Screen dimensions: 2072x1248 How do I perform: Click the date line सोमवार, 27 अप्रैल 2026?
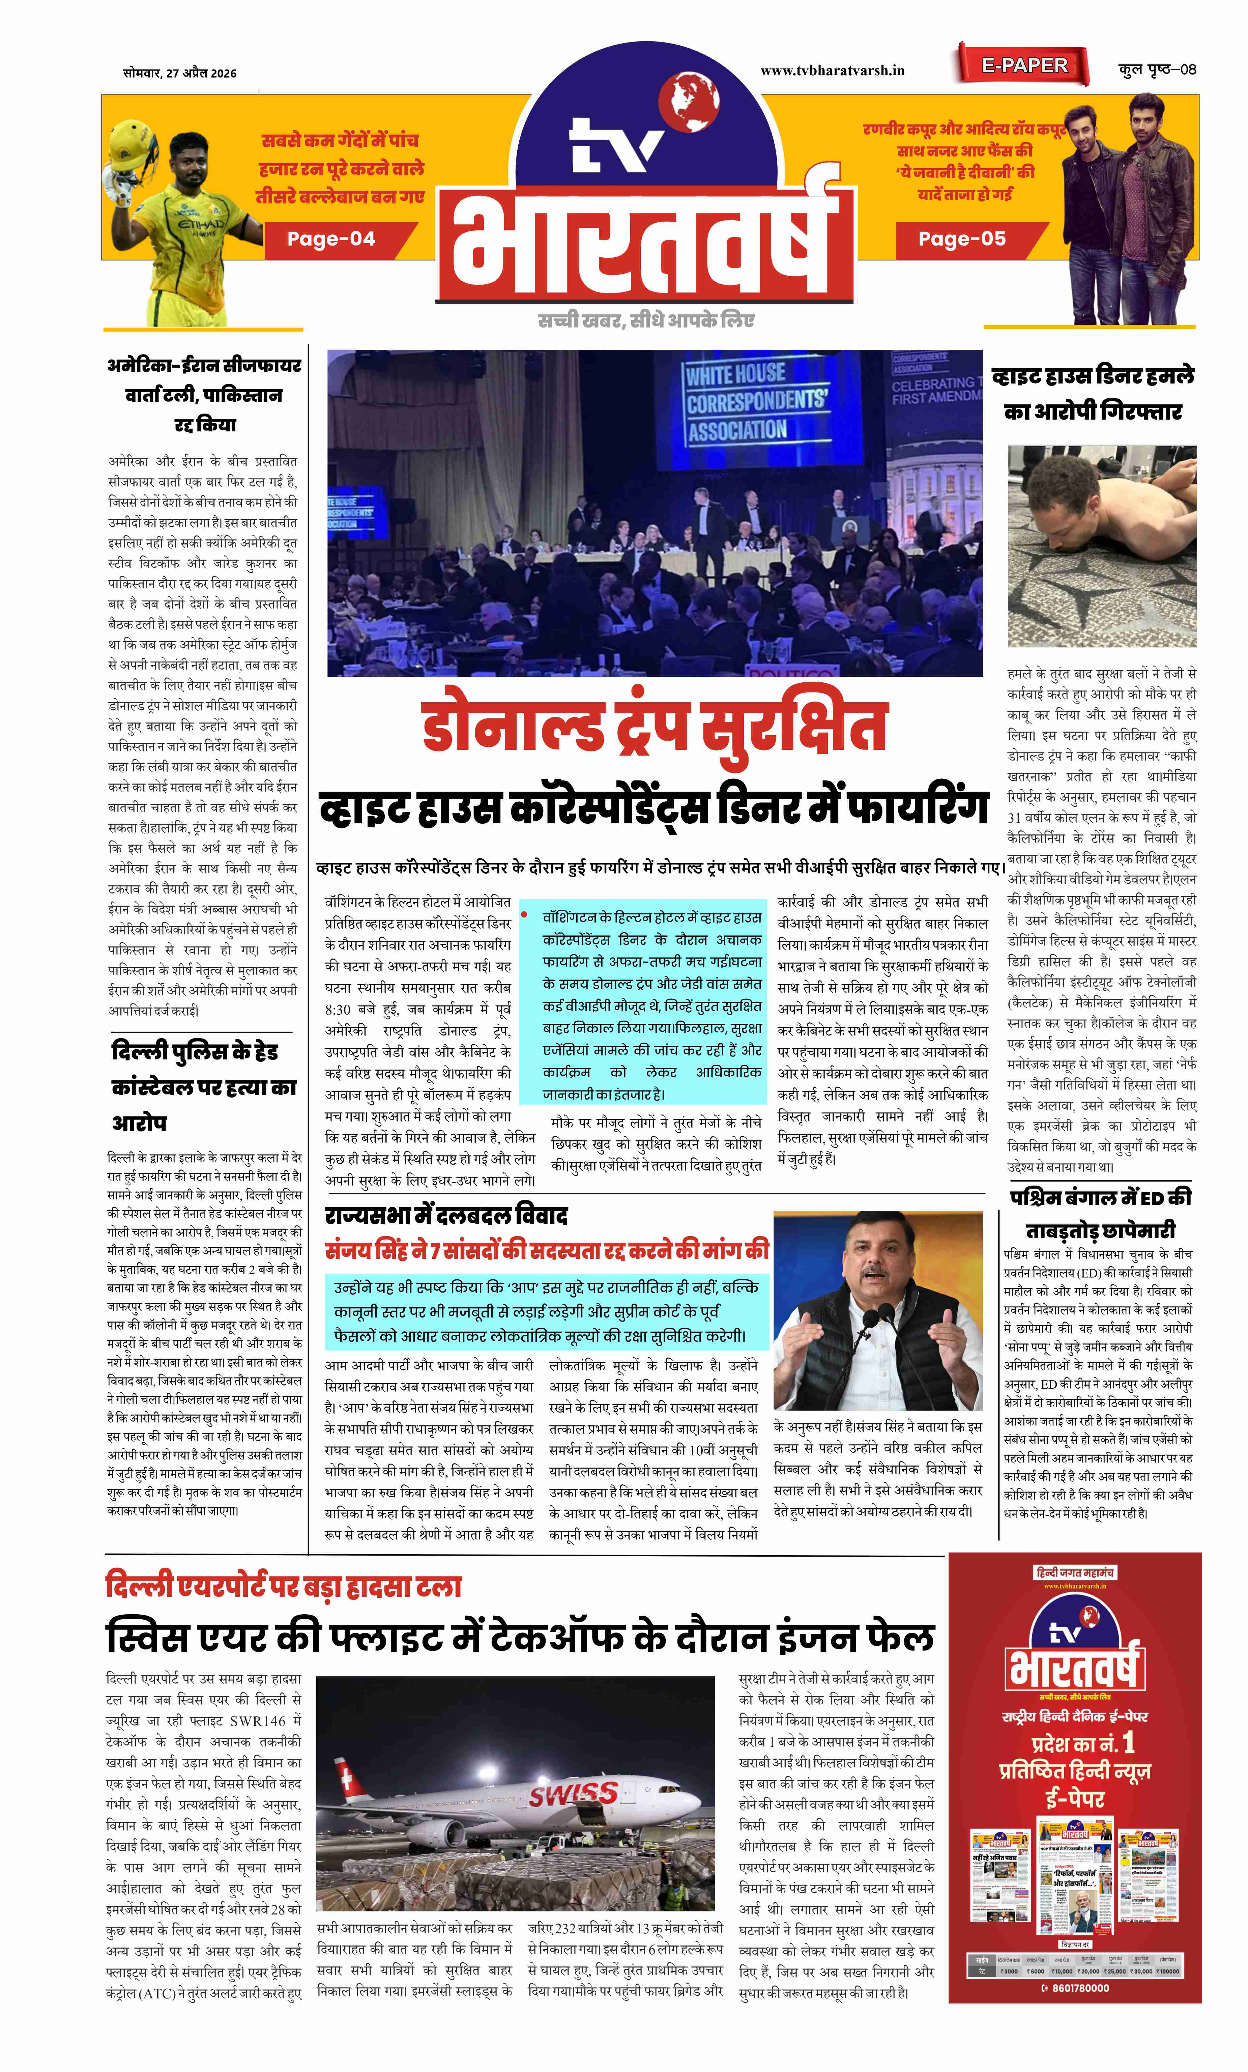click(179, 73)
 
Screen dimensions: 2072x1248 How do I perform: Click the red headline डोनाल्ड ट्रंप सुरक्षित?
click(654, 728)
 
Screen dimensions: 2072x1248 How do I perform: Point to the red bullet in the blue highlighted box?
click(524, 914)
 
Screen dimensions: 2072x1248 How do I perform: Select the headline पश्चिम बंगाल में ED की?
click(1100, 1197)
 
